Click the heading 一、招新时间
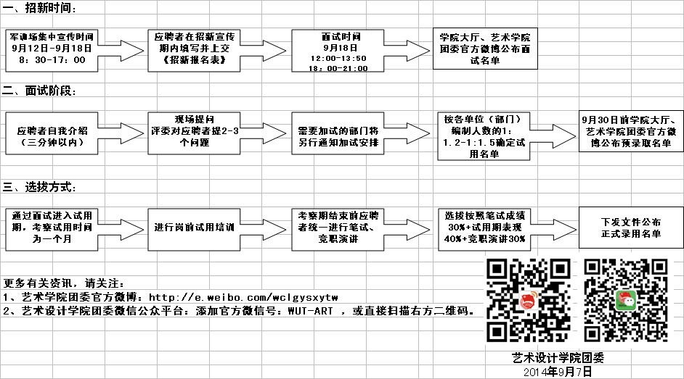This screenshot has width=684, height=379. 39,8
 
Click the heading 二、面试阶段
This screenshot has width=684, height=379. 39,91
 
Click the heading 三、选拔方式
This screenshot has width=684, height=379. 39,186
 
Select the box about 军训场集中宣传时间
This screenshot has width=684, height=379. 53,49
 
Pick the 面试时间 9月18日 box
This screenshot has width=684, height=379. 338,51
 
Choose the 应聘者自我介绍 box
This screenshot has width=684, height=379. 53,133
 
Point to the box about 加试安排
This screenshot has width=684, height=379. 338,133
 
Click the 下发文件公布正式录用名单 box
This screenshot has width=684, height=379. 630,228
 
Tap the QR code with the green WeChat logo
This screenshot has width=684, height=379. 624,299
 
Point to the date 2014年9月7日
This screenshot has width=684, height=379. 558,371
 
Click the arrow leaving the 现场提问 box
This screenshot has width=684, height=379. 264,133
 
